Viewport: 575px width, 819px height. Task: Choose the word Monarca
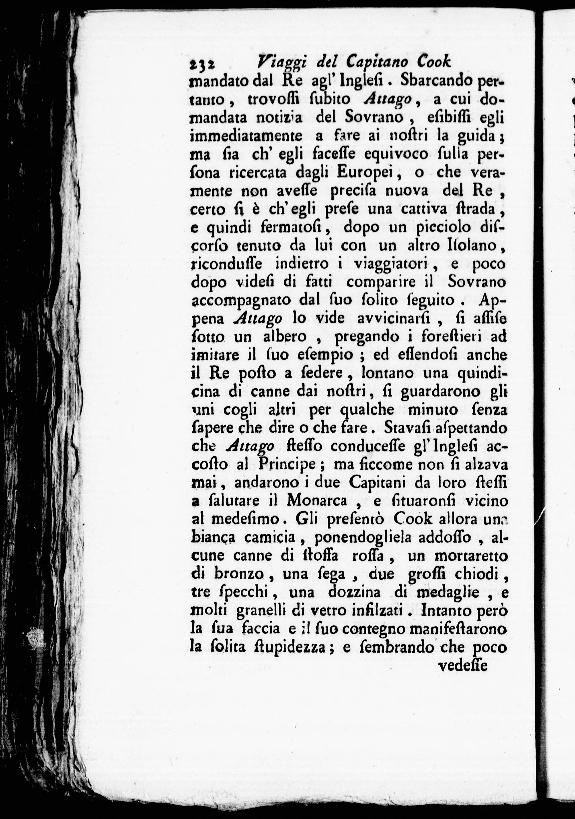point(317,501)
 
